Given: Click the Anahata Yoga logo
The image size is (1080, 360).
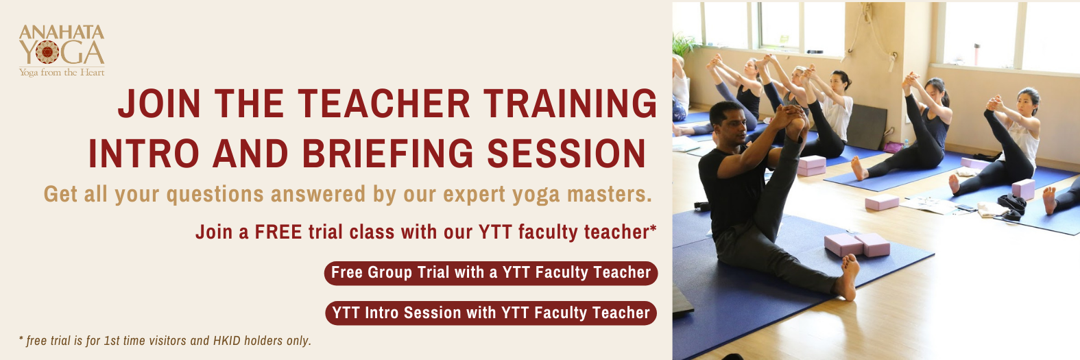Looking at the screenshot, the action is pos(62,51).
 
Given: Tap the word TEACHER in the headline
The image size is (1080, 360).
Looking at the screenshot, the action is pos(384,104).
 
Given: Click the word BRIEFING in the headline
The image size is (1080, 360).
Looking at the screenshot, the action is pos(388,154).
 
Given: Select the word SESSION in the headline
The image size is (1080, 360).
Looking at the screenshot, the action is pos(566,154).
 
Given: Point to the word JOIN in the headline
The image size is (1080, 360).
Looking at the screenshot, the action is pos(159,104).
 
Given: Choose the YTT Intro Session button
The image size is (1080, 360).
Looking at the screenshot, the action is pos(491,313).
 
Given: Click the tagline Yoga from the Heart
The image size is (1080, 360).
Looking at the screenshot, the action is pos(62,73).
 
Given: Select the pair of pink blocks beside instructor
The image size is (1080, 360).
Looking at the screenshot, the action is pos(856,244).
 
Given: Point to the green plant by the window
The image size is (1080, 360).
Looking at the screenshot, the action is pos(684,45).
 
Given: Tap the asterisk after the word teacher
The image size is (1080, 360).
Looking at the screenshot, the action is pos(653,227).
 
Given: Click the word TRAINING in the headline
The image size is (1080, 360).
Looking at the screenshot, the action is pos(571,104).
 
